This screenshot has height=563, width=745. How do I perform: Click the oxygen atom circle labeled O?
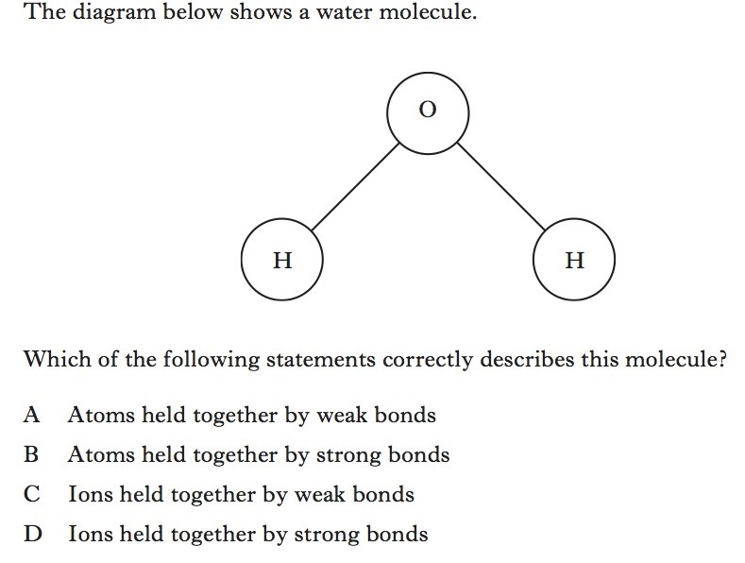428,111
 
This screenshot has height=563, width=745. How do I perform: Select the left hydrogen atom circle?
281,259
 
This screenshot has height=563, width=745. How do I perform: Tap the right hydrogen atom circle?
574,259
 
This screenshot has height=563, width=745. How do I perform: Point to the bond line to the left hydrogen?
354,187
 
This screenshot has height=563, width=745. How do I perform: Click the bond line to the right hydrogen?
500,187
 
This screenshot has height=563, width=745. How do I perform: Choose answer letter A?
33,415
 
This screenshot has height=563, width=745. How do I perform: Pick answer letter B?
33,454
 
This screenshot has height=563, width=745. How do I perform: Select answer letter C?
33,494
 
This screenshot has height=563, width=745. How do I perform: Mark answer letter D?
33,534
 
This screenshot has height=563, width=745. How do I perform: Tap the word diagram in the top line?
107,14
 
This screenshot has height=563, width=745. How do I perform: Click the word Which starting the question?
51,360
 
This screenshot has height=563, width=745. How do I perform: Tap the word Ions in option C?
87,494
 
